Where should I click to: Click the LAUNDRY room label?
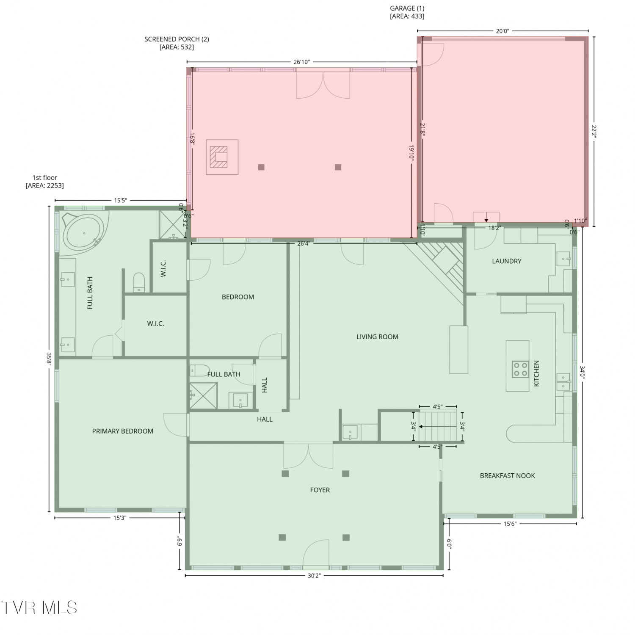pos(506,261)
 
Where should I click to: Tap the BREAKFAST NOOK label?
pos(507,476)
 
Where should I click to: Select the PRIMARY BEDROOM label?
pos(123,431)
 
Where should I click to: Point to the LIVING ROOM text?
pos(377,337)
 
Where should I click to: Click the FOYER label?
pos(320,490)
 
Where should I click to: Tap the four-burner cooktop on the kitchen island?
pos(520,369)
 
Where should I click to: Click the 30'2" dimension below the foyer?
pos(314,576)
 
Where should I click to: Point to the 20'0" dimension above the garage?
pos(502,31)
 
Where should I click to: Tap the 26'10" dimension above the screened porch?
pos(301,62)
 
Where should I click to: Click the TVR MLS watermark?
pos(39,608)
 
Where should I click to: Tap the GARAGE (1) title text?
pos(407,8)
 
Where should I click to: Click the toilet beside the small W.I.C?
pos(139,282)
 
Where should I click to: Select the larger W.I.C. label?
pos(155,324)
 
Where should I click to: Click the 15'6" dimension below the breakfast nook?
pos(510,524)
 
